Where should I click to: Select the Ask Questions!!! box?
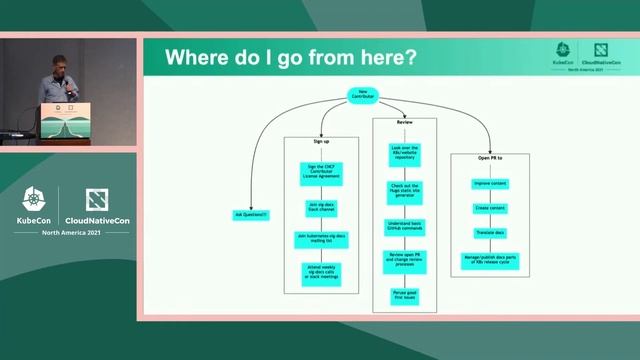click(x=251, y=215)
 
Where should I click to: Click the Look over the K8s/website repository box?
click(x=403, y=154)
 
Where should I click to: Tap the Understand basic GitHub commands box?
click(x=403, y=226)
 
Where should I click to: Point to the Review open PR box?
click(x=403, y=261)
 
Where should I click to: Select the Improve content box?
click(x=489, y=184)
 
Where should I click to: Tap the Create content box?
click(x=489, y=208)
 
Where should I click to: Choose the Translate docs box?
click(x=489, y=232)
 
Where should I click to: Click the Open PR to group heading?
click(x=489, y=158)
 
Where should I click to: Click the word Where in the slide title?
click(x=195, y=57)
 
